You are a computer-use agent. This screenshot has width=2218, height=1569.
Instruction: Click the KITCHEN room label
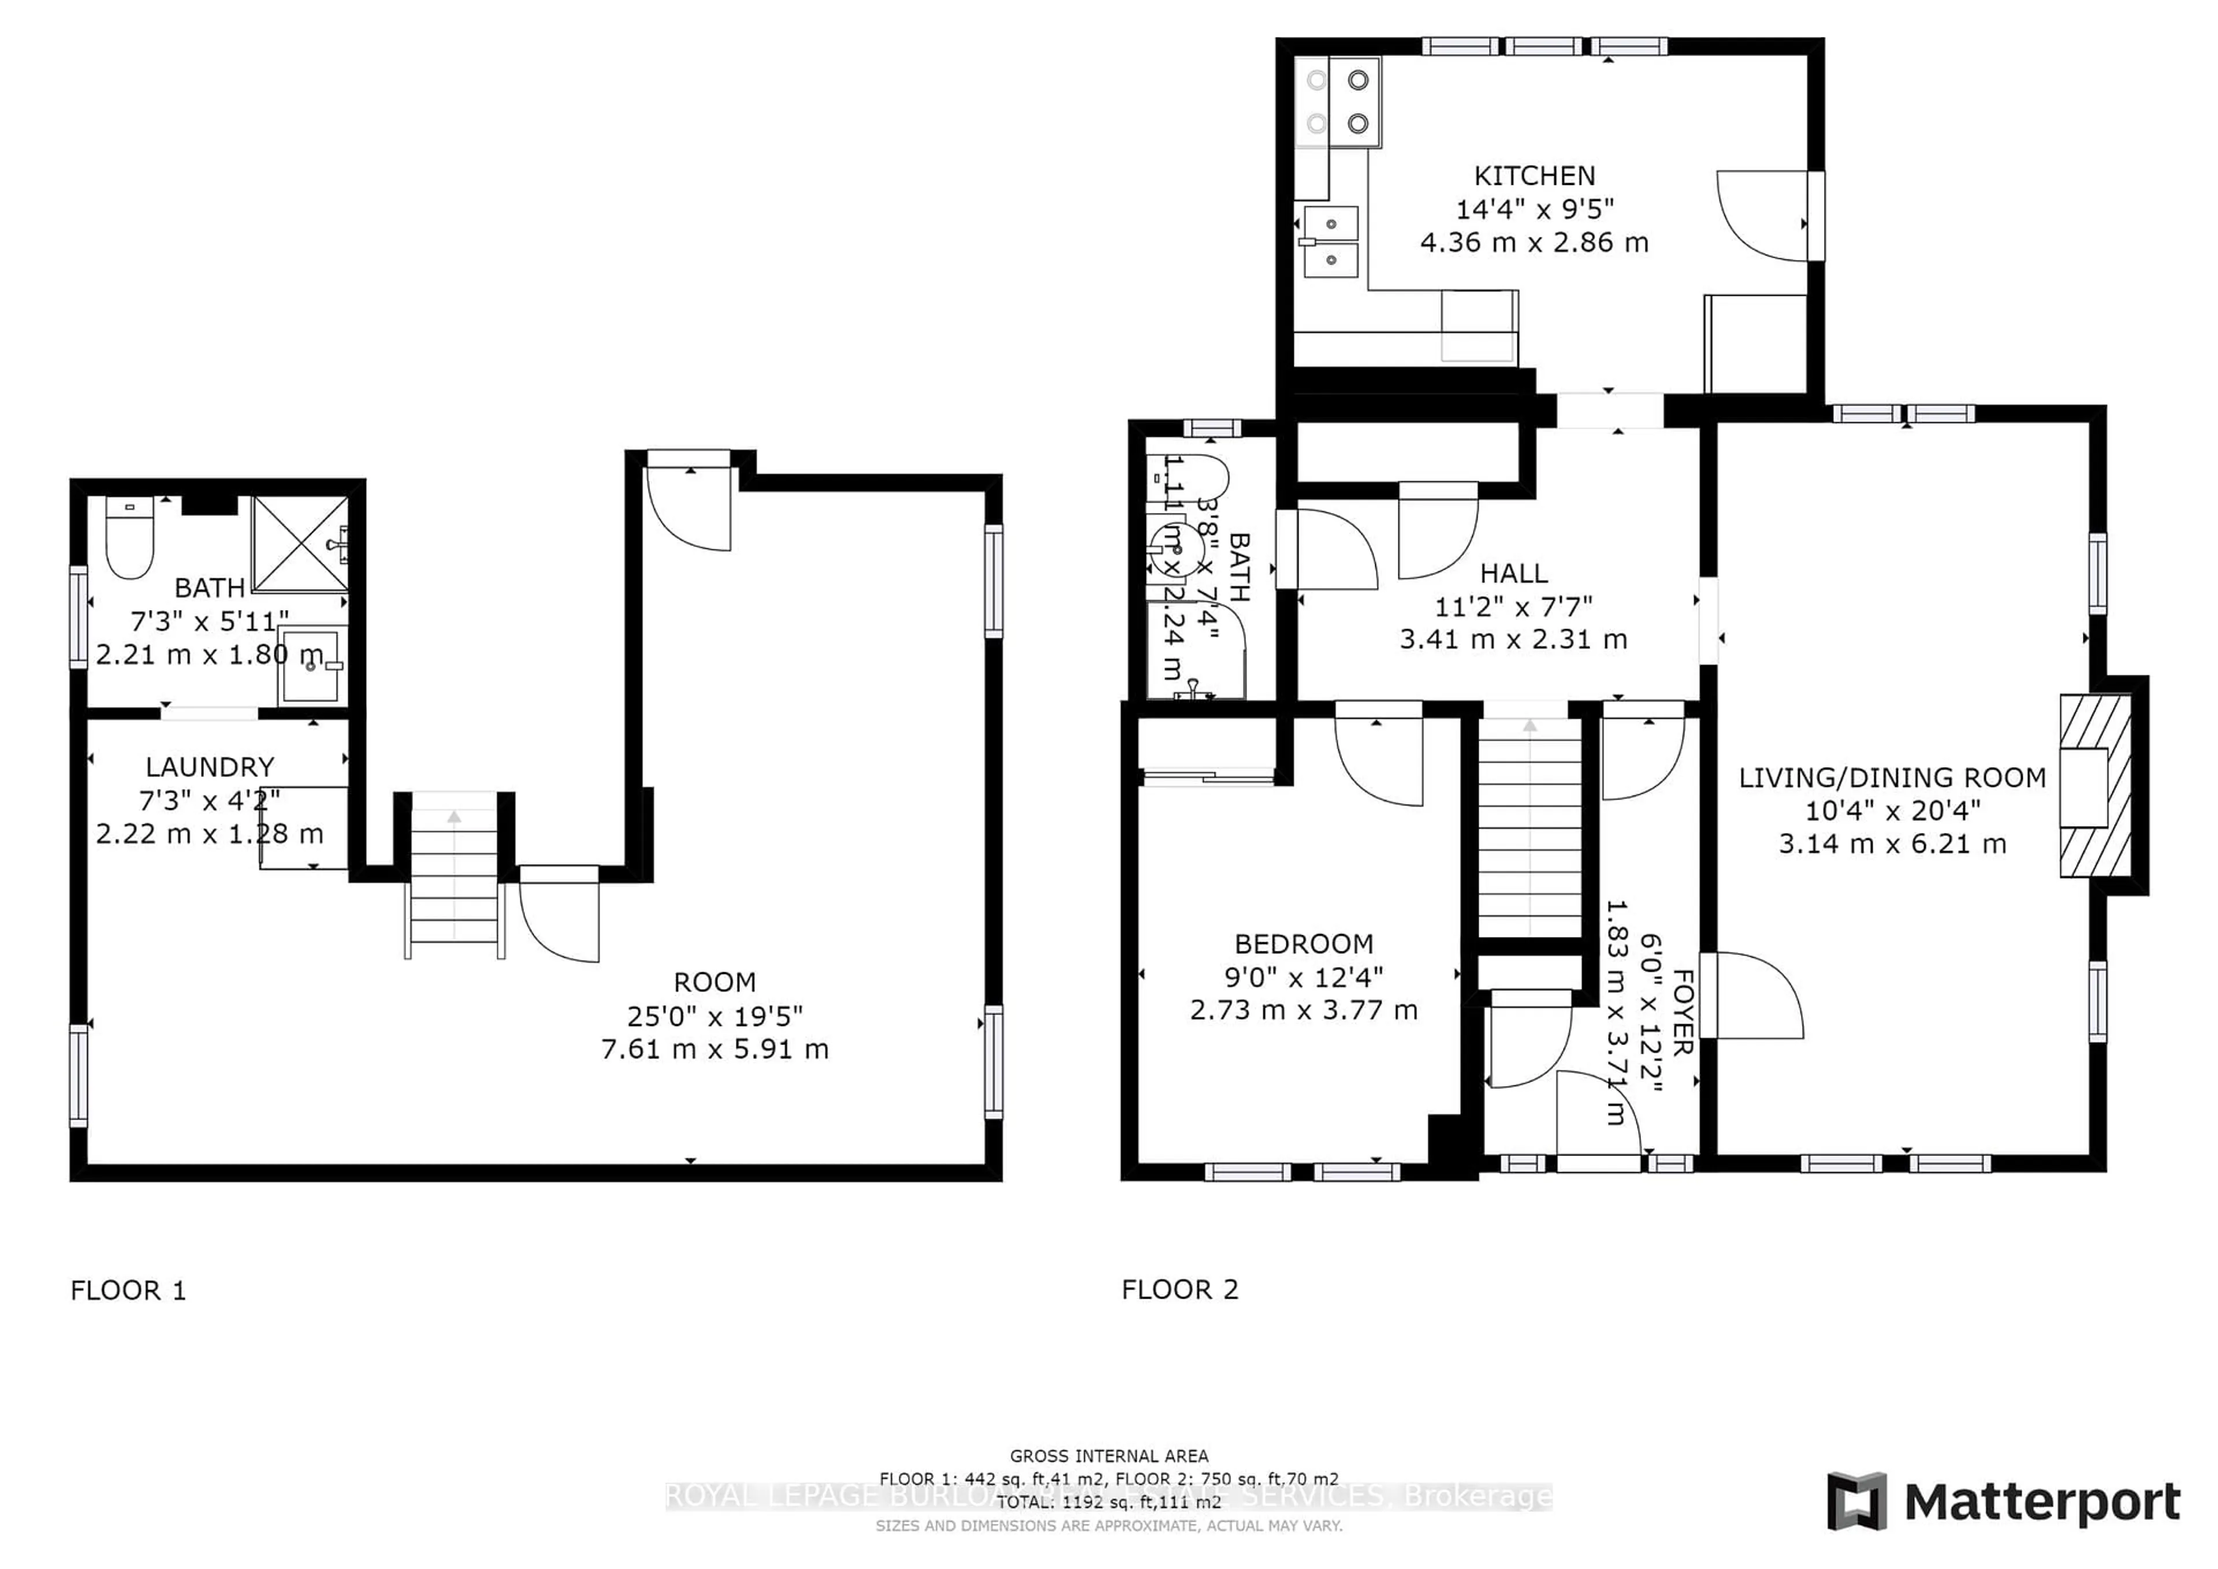coord(1534,176)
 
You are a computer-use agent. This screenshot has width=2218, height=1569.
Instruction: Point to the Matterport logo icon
coord(1856,1500)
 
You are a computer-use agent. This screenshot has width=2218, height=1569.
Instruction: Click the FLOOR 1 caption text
coord(128,1291)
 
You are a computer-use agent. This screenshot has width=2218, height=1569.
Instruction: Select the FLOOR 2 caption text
coord(1179,1290)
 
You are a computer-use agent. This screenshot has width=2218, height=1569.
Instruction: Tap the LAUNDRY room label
coord(210,767)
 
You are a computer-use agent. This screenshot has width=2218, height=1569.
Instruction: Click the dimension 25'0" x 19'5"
coord(715,1016)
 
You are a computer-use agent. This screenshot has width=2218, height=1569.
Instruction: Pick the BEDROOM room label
coord(1303,944)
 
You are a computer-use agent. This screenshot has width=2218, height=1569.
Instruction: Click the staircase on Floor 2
coord(1529,831)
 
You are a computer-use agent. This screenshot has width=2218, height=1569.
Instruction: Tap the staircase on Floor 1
coord(454,879)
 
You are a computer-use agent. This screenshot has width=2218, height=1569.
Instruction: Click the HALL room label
coord(1514,574)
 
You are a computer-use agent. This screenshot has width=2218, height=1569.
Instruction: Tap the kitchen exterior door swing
coord(1763,217)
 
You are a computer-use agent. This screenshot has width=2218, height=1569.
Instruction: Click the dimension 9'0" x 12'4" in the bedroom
coord(1303,977)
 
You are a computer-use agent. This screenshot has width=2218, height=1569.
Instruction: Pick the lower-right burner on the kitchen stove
coord(1358,122)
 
